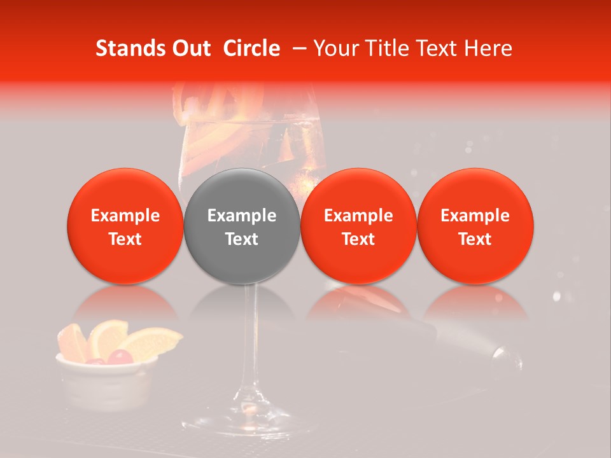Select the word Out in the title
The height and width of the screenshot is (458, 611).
190,48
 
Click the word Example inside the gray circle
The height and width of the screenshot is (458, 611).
242,216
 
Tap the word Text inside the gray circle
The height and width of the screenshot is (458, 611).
242,239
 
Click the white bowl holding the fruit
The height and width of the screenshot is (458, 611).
105,382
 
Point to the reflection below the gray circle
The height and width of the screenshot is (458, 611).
242,302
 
